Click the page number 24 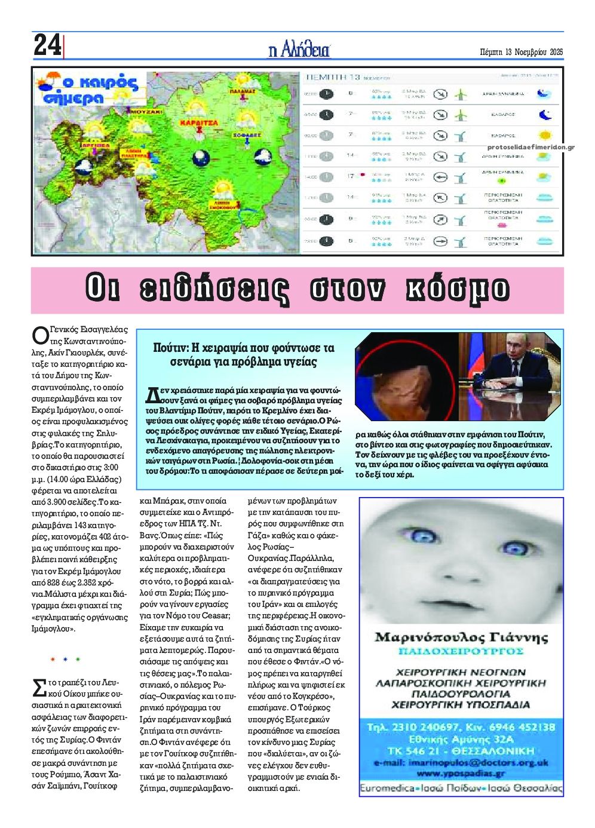tap(47, 45)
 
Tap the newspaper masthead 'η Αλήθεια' tap(299, 50)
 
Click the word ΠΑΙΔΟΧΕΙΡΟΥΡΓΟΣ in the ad tap(461, 651)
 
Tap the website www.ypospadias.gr tap(460, 774)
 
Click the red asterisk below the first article tap(53, 660)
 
